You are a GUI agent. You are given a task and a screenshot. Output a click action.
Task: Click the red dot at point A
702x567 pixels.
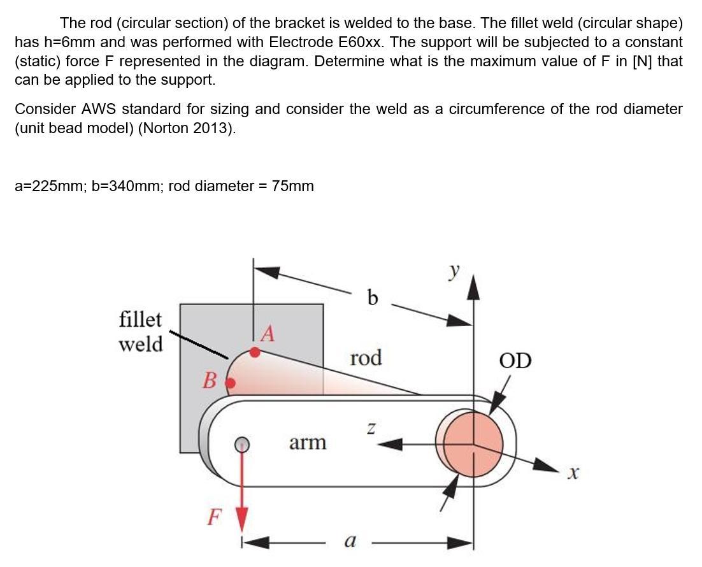[x=255, y=352]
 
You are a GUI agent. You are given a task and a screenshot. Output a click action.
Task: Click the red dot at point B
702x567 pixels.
[x=231, y=383]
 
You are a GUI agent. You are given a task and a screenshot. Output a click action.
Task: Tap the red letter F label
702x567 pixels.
[x=215, y=516]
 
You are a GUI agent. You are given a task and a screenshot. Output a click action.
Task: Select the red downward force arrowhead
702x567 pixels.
[x=241, y=517]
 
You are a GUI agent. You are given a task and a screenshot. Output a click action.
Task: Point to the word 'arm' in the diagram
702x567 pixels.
[x=308, y=442]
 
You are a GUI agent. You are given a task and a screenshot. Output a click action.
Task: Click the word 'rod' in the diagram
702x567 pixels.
[x=366, y=357]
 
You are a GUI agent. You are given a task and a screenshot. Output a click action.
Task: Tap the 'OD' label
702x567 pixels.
[x=515, y=361]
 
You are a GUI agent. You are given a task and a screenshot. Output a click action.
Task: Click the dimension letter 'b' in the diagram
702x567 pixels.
[x=373, y=297]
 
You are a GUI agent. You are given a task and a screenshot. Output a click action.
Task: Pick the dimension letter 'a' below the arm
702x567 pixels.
[x=349, y=541]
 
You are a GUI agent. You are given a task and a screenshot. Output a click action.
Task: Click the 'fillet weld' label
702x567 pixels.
[x=141, y=331]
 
